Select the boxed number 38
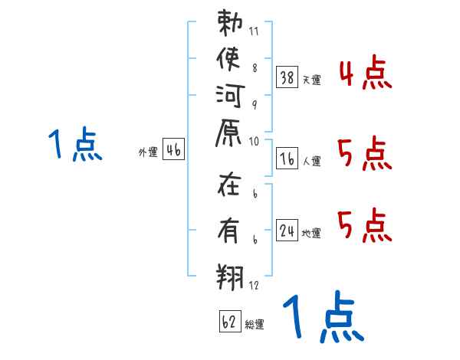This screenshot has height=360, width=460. coord(287,77)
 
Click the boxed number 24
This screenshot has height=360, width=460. coord(287,230)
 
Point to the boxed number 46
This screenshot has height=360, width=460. coord(172,149)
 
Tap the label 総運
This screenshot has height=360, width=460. coord(255,325)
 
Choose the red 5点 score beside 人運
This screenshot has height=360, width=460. coord(366,157)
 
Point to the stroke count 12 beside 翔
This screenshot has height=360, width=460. coord(254,285)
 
